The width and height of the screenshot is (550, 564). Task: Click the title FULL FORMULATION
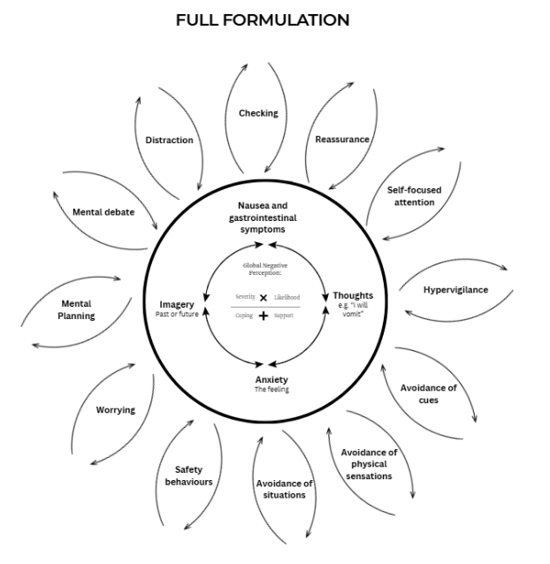point(263,19)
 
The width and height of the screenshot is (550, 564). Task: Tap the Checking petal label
point(258,113)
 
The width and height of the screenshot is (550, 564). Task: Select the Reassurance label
point(342,140)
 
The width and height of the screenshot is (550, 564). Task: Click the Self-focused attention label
point(414,195)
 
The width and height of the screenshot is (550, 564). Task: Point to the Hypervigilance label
point(455,290)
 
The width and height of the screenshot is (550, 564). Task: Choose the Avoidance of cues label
point(428,393)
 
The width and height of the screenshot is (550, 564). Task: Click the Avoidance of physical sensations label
point(369,464)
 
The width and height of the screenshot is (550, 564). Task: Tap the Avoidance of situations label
point(284,489)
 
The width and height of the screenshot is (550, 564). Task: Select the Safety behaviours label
point(188,476)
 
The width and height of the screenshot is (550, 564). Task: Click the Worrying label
point(116,410)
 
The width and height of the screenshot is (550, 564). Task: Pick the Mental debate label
point(103,212)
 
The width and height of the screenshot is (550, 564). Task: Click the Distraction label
point(169,140)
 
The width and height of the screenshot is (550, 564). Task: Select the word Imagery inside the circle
point(177,305)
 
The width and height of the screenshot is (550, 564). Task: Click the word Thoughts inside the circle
point(353,295)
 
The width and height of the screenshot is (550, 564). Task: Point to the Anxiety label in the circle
point(271,379)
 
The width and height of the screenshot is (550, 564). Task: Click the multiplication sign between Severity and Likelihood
point(263,298)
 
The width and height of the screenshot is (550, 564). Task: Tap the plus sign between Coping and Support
point(263,316)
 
